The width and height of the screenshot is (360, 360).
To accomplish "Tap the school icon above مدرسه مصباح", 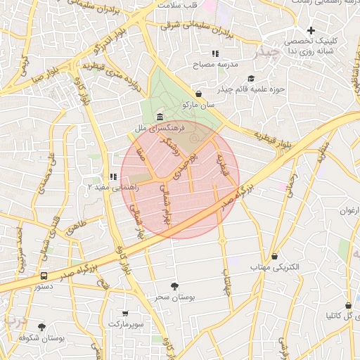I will [215, 53].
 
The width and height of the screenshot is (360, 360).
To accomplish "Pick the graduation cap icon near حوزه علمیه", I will [251, 78].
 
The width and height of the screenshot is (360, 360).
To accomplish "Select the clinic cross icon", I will [311, 30].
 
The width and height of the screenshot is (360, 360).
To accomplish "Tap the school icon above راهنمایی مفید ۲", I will [112, 177].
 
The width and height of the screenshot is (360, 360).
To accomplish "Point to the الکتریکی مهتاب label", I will [275, 268].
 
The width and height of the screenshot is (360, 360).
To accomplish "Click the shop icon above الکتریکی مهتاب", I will [274, 257].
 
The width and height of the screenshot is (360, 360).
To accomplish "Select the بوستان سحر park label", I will [173, 297].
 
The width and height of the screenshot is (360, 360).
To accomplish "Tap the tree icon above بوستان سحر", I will [174, 285].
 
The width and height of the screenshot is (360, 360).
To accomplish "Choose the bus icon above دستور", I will [44, 276].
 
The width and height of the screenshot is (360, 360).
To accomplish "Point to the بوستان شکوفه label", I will [41, 338].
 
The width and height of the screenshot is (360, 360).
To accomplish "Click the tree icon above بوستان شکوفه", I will [42, 327].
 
